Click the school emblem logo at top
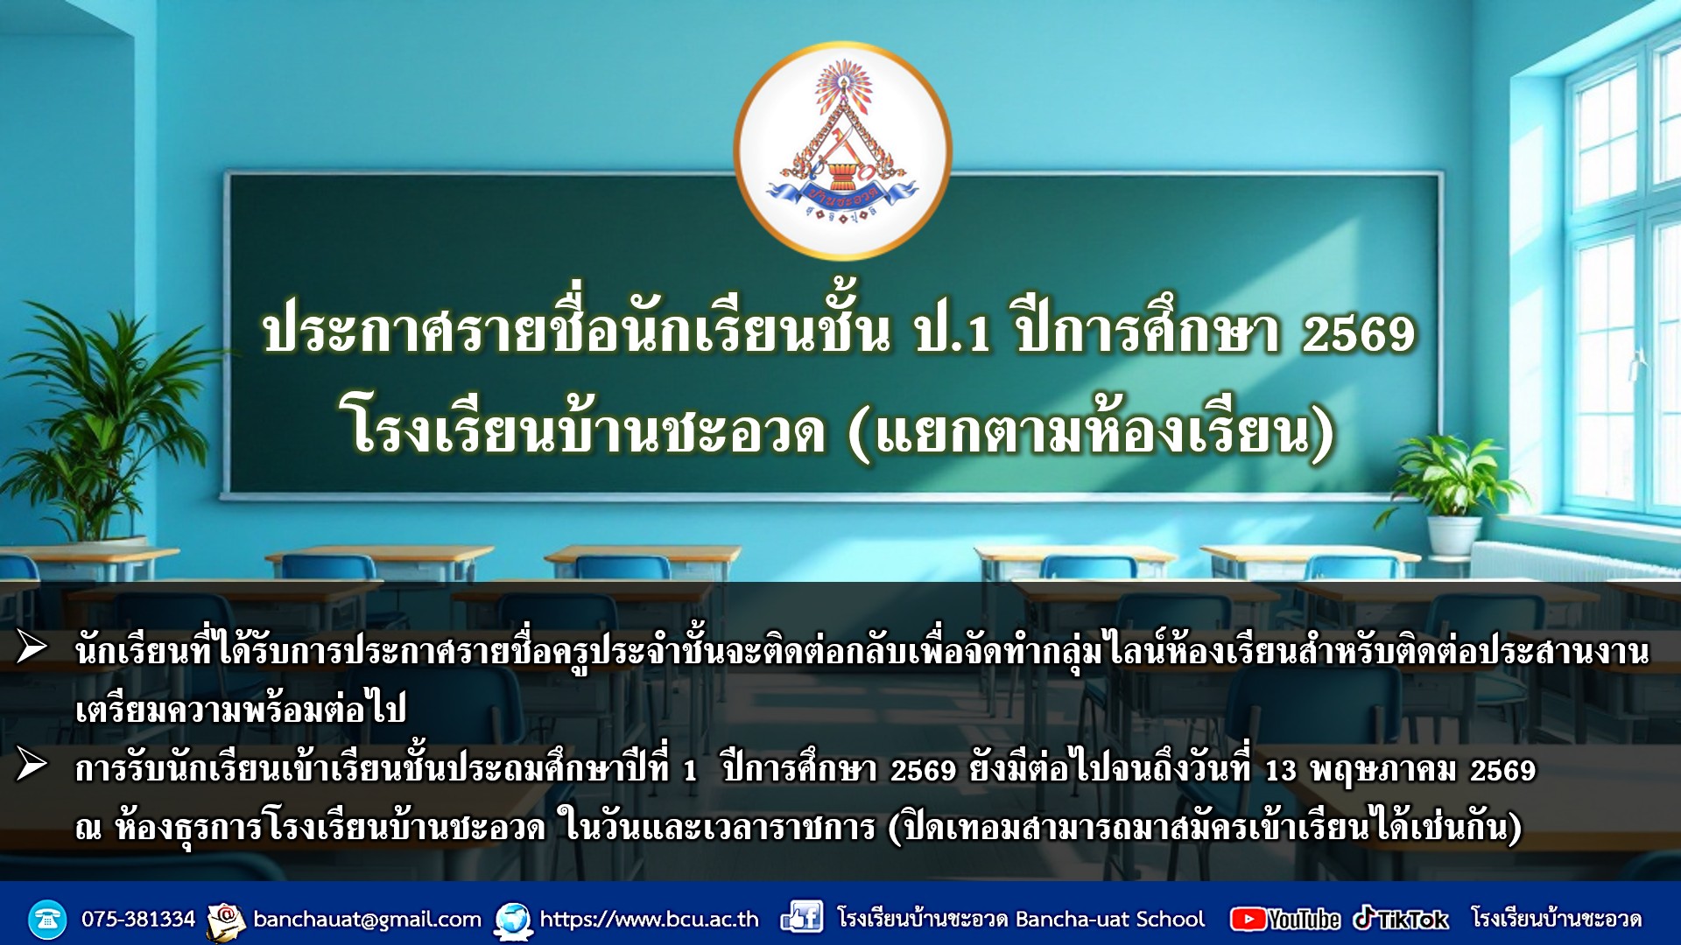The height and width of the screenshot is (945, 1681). coord(843,151)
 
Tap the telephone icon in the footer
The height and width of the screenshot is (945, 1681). coord(47,920)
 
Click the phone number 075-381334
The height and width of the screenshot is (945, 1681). coord(138,919)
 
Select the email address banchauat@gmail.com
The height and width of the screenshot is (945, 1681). coord(367,920)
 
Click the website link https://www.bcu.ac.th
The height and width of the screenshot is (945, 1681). coord(649,919)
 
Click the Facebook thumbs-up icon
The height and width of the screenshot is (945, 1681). coord(801,917)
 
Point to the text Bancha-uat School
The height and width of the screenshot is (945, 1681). coord(1110,919)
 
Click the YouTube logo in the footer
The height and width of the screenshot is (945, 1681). coord(1285,919)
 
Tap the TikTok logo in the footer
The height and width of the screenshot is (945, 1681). coord(1401,919)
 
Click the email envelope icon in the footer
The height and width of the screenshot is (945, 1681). coord(226,921)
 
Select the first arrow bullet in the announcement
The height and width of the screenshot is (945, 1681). coord(32,647)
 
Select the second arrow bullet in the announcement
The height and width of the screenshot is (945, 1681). coord(32,766)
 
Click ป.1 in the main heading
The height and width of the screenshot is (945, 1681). coord(952,334)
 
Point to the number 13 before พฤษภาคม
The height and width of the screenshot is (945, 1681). coord(1280,771)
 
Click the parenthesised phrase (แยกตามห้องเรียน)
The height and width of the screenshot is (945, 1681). coord(1091,430)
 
